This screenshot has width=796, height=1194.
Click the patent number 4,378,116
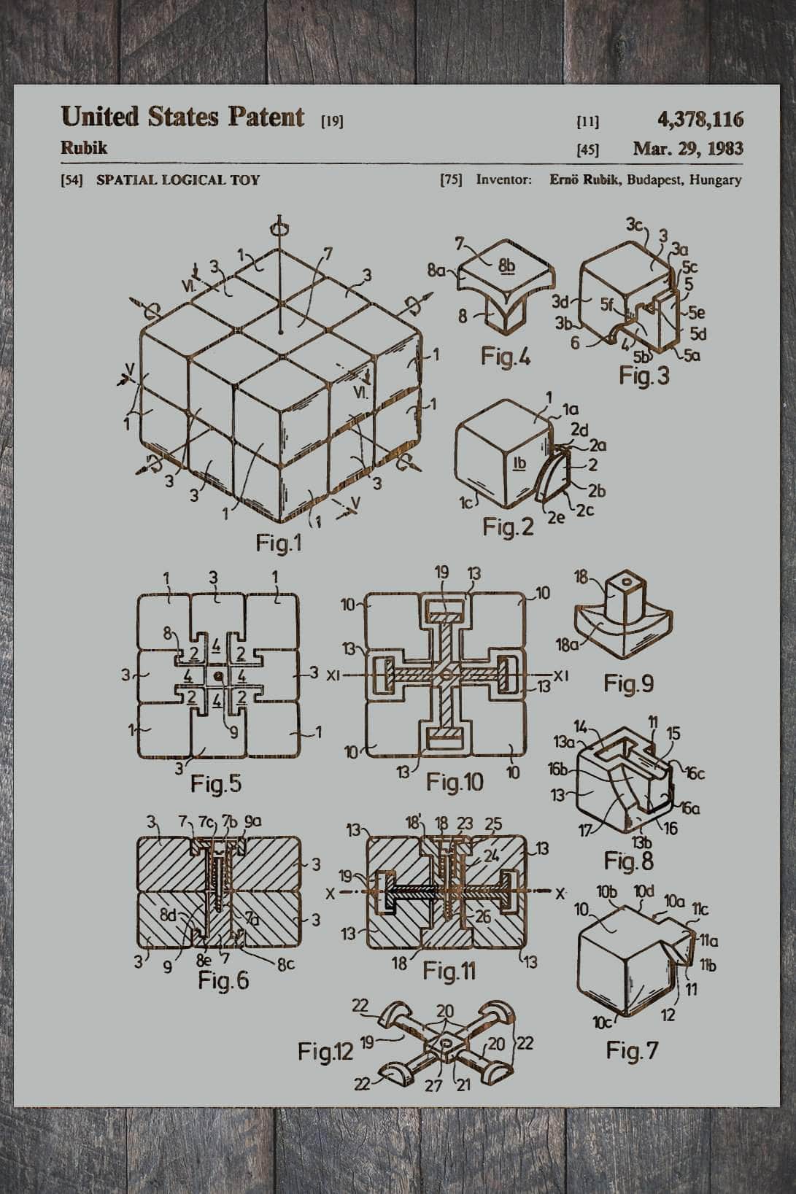(700, 119)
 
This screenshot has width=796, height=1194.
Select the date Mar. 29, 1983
(687, 149)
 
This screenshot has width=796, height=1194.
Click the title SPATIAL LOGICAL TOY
(177, 179)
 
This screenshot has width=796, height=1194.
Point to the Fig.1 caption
(278, 543)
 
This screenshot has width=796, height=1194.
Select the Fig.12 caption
(325, 1051)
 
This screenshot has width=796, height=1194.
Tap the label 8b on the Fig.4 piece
(506, 265)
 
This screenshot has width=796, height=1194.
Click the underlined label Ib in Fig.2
(519, 463)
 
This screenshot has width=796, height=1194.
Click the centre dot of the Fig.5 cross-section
(218, 676)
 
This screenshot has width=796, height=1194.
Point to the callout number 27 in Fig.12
(433, 1086)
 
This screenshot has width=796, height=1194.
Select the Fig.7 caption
(632, 1050)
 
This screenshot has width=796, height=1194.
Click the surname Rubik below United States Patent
(84, 148)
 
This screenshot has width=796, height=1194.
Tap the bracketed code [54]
(72, 180)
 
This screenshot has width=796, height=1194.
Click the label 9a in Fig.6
(252, 822)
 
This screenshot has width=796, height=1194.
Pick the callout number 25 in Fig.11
(493, 824)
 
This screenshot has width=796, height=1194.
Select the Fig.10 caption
(455, 783)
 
